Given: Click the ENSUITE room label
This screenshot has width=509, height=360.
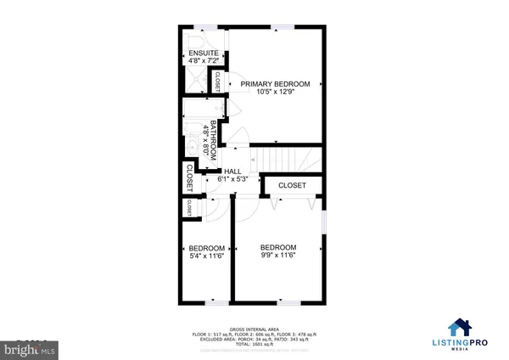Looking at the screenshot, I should [x=204, y=54].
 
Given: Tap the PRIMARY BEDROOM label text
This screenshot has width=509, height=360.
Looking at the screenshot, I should [x=275, y=84].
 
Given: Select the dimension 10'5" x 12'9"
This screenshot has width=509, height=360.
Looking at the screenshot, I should [x=275, y=93].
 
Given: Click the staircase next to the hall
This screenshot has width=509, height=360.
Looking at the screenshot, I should [x=288, y=158].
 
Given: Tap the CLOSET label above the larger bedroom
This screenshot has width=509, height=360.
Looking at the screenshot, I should [x=292, y=184].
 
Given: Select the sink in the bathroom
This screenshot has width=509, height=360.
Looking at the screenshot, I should [x=192, y=149].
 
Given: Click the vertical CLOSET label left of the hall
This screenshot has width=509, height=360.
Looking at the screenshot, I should [x=187, y=177].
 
